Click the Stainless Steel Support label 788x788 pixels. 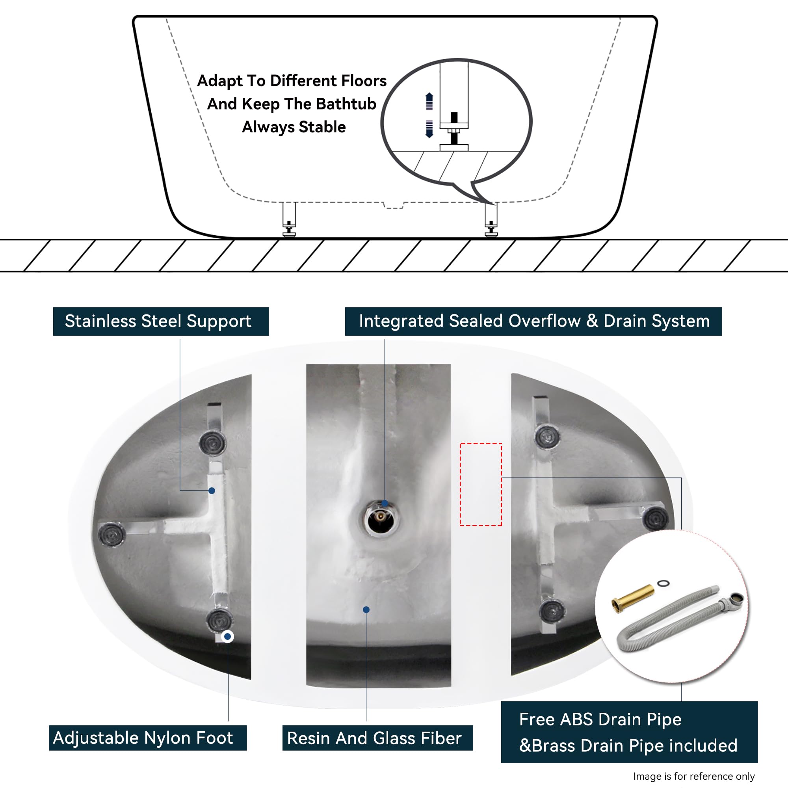pos(161,322)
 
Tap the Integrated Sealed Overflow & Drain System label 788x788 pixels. pos(533,322)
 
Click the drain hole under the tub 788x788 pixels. pos(381,519)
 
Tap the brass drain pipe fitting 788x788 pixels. pos(633,598)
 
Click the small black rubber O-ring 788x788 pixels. pos(663,584)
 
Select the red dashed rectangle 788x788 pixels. pos(481,484)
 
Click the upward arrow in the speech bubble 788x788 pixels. pos(429,101)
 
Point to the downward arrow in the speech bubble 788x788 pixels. pos(429,129)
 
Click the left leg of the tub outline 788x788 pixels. pos(289,219)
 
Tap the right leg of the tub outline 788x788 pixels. pos(491,219)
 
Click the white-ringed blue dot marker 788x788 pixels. pos(228,636)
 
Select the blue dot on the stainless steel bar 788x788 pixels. pos(212,491)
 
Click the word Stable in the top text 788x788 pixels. pos(322,127)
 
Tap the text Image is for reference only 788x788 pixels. pos(694,776)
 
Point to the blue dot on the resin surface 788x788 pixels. pos(366,610)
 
